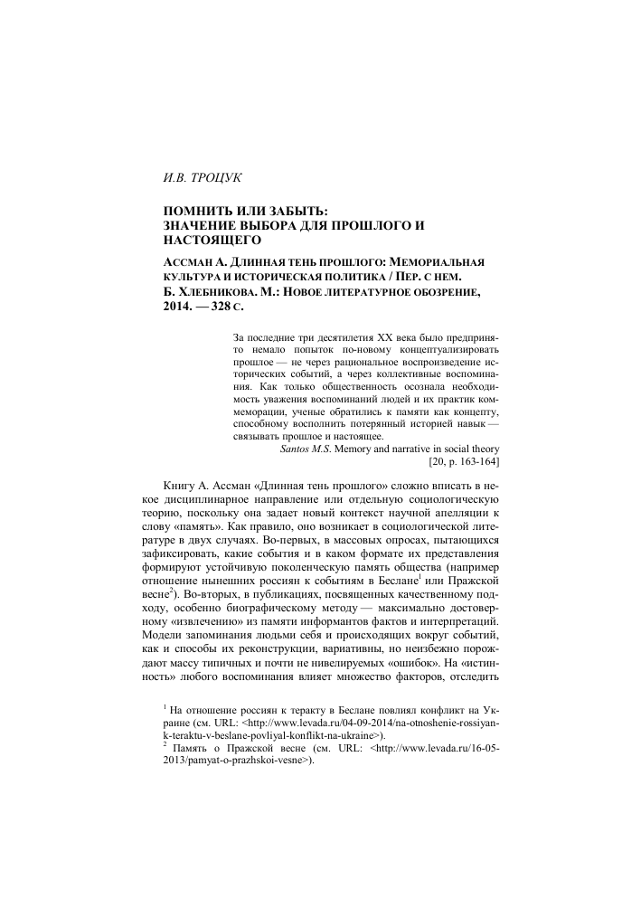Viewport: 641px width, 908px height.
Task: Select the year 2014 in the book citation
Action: point(176,307)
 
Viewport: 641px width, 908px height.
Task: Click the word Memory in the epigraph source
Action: point(365,449)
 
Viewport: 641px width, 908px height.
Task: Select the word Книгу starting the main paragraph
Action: point(186,487)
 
